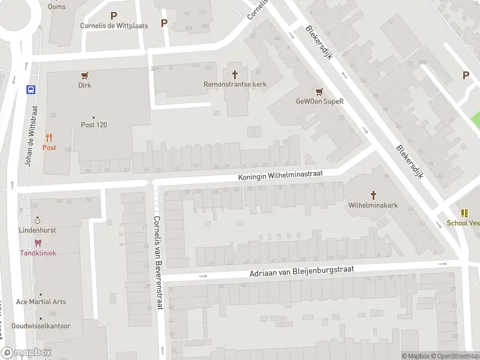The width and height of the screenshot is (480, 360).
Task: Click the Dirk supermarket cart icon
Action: [x=85, y=76]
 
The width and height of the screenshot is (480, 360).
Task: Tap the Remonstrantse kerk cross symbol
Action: [x=235, y=74]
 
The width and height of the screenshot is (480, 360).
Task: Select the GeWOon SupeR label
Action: [x=319, y=101]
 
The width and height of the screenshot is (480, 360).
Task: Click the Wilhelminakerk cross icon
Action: [x=373, y=195]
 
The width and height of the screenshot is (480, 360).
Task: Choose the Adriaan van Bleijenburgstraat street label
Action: [x=301, y=272]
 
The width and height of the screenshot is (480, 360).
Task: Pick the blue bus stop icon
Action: [x=30, y=90]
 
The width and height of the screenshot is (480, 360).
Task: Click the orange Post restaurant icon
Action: [x=49, y=137]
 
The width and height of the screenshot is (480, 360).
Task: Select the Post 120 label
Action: [x=94, y=125]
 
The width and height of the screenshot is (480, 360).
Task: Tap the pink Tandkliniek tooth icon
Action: [x=38, y=243]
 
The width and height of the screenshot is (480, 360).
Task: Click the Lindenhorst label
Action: [x=37, y=230]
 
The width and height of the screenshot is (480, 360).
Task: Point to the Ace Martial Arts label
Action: [x=41, y=302]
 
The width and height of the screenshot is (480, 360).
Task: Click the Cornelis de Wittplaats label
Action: [x=114, y=26]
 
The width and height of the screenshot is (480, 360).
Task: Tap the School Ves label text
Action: [x=463, y=223]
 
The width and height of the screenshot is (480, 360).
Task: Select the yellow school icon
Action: [x=464, y=212]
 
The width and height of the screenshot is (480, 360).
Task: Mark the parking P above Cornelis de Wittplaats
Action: [x=114, y=16]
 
